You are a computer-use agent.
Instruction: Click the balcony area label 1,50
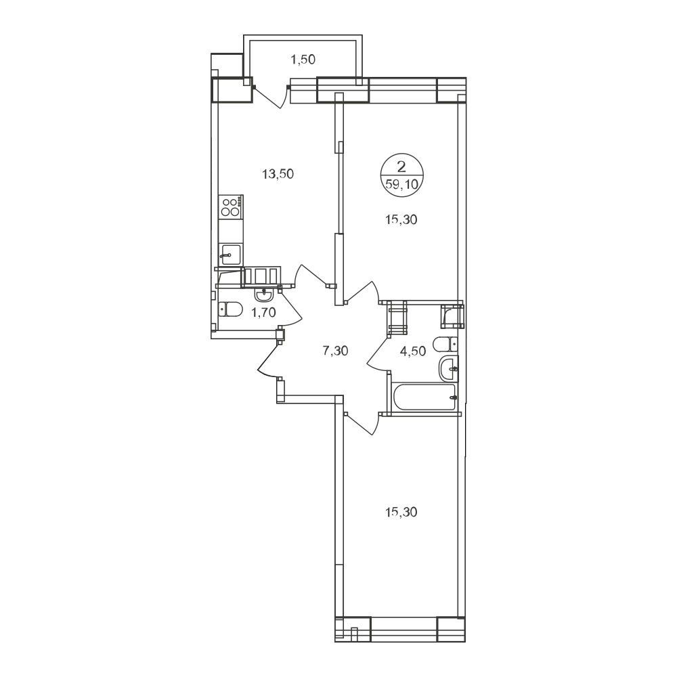(x=303, y=60)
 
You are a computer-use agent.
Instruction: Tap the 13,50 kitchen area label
(x=278, y=174)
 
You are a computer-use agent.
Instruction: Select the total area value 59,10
(x=402, y=185)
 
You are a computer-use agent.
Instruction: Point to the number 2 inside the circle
(x=401, y=167)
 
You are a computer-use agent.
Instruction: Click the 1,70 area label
(x=263, y=311)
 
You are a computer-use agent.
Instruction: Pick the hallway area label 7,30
(x=336, y=351)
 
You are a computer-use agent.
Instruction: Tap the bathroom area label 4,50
(x=413, y=351)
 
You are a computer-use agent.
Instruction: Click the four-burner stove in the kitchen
(x=231, y=206)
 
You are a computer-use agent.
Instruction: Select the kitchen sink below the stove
(x=231, y=255)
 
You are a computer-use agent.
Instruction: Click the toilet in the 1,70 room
(x=230, y=309)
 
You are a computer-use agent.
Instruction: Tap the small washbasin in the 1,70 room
(x=263, y=294)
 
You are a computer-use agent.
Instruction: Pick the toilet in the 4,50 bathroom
(x=445, y=344)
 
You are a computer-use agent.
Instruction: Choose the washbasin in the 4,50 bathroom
(x=449, y=370)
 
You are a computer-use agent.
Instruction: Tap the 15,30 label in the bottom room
(x=401, y=512)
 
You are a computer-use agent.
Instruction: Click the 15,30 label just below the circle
(x=401, y=220)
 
